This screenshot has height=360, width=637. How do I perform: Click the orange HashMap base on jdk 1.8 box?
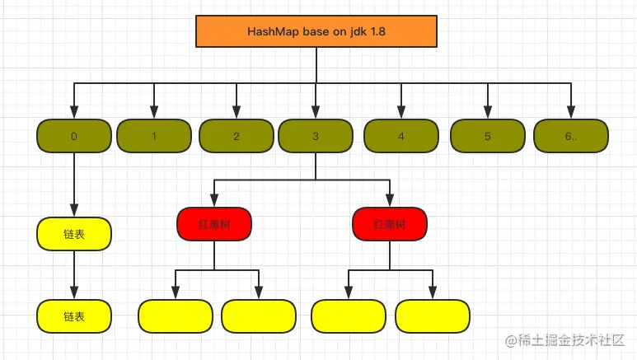pyautogui.click(x=315, y=31)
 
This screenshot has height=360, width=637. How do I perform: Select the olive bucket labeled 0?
pyautogui.click(x=74, y=136)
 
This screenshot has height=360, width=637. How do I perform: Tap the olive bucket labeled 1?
pyautogui.click(x=153, y=136)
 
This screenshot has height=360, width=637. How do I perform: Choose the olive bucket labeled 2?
pyautogui.click(x=236, y=136)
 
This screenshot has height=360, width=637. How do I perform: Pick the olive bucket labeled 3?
pyautogui.click(x=316, y=136)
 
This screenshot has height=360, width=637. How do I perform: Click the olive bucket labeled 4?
pyautogui.click(x=401, y=136)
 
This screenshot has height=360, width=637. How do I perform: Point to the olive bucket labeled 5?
pyautogui.click(x=487, y=136)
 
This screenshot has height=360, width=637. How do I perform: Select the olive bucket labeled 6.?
pyautogui.click(x=571, y=136)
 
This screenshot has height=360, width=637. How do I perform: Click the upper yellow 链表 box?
pyautogui.click(x=74, y=234)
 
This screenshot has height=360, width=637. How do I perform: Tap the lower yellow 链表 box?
pyautogui.click(x=74, y=316)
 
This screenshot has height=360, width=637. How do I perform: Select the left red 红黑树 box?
pyautogui.click(x=214, y=223)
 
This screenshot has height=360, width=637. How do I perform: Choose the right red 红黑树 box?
pyautogui.click(x=390, y=223)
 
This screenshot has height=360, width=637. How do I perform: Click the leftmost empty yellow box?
pyautogui.click(x=175, y=316)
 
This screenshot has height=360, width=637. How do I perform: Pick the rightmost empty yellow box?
pyautogui.click(x=433, y=316)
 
